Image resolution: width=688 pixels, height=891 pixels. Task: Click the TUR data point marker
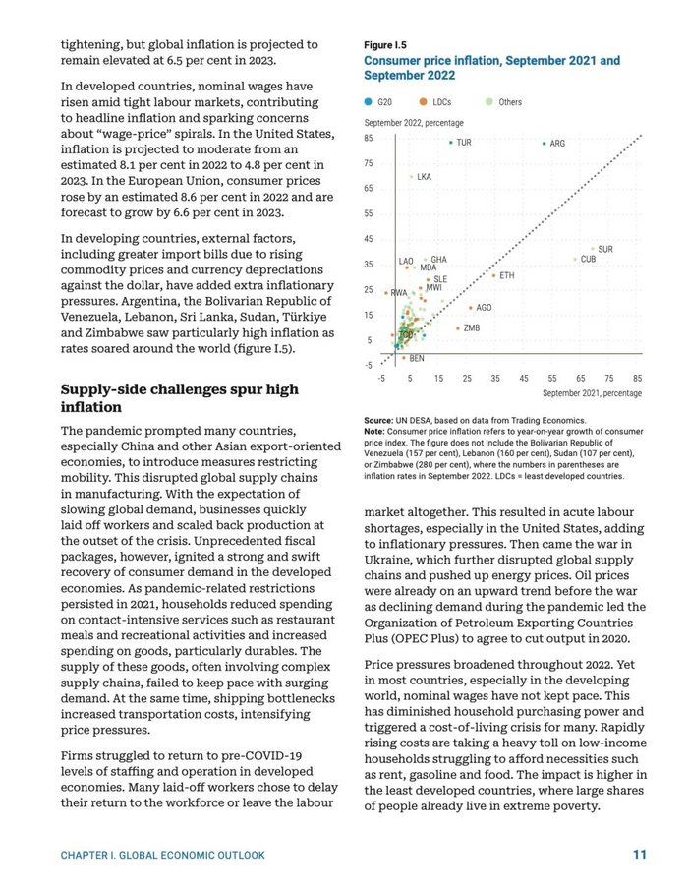(x=451, y=143)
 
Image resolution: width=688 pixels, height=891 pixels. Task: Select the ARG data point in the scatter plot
(x=544, y=144)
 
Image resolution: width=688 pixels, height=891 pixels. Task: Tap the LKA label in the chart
(x=424, y=177)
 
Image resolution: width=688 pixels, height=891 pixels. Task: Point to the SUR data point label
(x=605, y=250)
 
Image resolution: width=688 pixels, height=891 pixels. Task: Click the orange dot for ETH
(x=493, y=276)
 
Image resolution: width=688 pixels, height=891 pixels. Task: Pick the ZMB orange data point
(x=458, y=327)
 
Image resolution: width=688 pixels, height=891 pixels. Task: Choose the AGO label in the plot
(x=484, y=308)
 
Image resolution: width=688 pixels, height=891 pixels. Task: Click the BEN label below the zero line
(x=417, y=359)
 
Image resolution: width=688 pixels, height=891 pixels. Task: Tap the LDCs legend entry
(x=433, y=102)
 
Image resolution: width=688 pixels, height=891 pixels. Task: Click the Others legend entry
(x=503, y=102)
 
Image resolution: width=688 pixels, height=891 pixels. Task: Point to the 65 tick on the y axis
(x=368, y=188)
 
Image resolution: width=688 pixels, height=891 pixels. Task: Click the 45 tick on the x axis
(x=524, y=378)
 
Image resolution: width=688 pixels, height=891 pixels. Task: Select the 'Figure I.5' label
(x=385, y=45)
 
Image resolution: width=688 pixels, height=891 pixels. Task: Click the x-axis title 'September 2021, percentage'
(x=592, y=393)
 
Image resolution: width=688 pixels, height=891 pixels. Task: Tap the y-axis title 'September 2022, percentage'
(x=414, y=122)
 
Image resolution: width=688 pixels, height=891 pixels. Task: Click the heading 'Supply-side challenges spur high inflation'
(x=179, y=398)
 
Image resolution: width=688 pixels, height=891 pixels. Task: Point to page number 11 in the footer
(x=639, y=855)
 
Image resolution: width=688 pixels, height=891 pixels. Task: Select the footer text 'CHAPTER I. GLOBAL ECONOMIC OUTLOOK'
(x=163, y=856)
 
